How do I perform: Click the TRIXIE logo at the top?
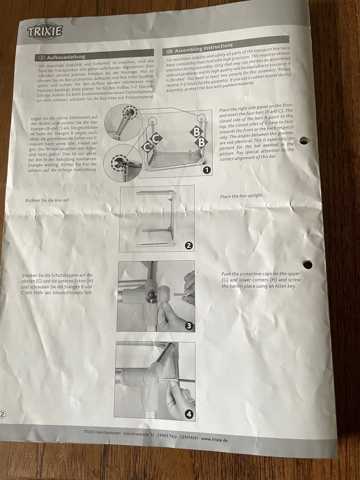click(x=45, y=31)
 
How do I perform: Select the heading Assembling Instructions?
click(x=204, y=48)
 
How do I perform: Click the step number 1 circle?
click(x=207, y=170)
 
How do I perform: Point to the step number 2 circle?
click(x=189, y=245)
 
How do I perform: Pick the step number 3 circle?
click(x=189, y=326)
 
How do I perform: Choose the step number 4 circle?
click(x=189, y=414)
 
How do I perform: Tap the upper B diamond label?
click(x=196, y=132)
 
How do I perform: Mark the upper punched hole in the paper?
click(x=304, y=141)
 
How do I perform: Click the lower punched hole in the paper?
click(x=308, y=264)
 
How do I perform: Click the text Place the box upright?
click(x=242, y=196)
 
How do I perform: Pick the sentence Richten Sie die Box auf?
click(x=48, y=200)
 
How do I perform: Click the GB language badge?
click(x=169, y=51)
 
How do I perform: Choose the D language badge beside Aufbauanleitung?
click(x=42, y=58)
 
